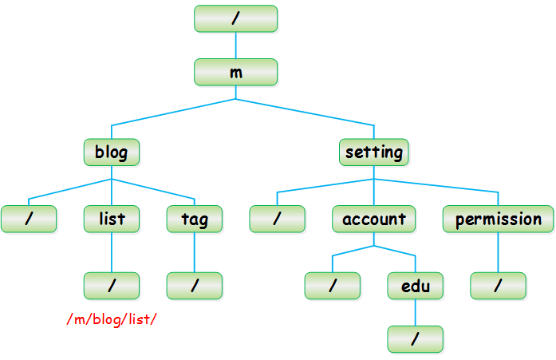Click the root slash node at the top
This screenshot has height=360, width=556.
(236, 18)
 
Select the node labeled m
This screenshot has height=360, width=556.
(236, 73)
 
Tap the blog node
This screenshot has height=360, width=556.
(112, 152)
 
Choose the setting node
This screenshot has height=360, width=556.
(374, 152)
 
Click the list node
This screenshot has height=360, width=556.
(112, 220)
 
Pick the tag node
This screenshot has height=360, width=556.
(195, 220)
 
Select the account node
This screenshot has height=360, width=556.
(374, 220)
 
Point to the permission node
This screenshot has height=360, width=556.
(499, 220)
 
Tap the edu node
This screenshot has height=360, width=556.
(416, 286)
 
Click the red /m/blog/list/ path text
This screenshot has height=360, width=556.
(112, 319)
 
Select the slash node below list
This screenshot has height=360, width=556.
(112, 286)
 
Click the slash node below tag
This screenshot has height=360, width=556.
(195, 286)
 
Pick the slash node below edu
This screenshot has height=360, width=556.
(416, 339)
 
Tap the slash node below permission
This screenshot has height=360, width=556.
(499, 286)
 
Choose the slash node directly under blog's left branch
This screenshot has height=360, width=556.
(29, 220)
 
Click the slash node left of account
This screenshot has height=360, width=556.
(277, 220)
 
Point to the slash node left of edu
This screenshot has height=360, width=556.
(333, 286)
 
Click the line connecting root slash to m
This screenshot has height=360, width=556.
(236, 45)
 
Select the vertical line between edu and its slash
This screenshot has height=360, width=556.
(416, 312)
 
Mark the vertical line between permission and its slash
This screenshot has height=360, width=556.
(499, 252)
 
